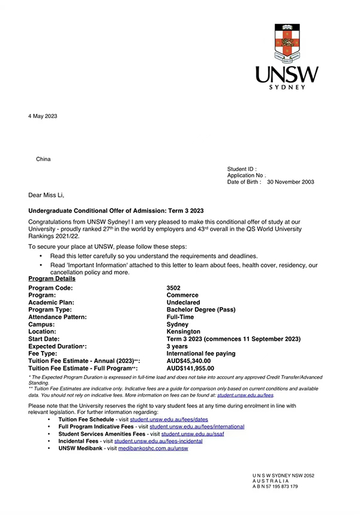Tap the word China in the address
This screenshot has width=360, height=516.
(44, 159)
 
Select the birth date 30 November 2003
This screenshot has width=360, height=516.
(290, 182)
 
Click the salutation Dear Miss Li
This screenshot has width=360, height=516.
(46, 195)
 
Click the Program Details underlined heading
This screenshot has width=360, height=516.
(52, 278)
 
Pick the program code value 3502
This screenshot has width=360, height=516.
(173, 288)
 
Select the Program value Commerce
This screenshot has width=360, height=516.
(182, 295)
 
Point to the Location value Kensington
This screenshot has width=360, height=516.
(184, 331)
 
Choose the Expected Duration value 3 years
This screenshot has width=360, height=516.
(177, 346)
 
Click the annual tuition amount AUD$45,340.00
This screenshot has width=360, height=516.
(189, 361)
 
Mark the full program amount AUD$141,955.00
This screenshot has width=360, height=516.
(191, 368)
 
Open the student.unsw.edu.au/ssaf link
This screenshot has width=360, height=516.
(191, 434)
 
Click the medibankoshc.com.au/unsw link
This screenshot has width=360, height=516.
(153, 448)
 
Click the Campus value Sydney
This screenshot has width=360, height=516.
(178, 324)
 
